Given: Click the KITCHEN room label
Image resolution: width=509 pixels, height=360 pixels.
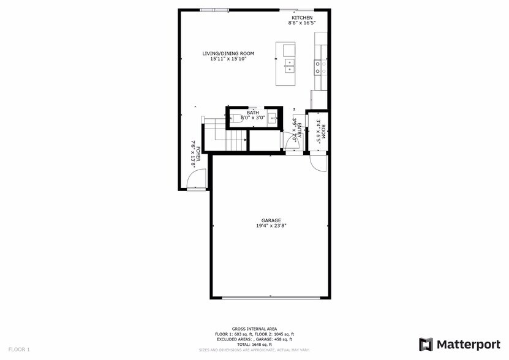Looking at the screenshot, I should point(302,18).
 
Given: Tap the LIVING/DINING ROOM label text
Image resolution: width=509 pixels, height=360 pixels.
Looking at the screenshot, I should point(228,54).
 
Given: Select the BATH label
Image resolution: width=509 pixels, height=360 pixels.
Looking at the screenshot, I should point(252,113).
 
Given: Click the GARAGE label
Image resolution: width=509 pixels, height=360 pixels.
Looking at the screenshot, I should point(271,220).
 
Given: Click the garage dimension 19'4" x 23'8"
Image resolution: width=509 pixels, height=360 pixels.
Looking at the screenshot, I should point(271,226).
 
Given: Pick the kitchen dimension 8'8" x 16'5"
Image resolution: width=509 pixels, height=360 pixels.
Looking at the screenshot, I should point(302,23).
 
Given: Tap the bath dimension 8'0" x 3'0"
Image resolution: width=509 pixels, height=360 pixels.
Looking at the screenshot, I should point(252,118).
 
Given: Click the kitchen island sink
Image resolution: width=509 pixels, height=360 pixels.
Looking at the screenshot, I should point(289,64).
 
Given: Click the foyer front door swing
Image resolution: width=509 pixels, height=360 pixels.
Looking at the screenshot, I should point(195,180).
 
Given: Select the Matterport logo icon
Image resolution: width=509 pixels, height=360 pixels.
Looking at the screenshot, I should point(426,344).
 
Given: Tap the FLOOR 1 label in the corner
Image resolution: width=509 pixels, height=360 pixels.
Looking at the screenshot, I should point(19,350).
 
